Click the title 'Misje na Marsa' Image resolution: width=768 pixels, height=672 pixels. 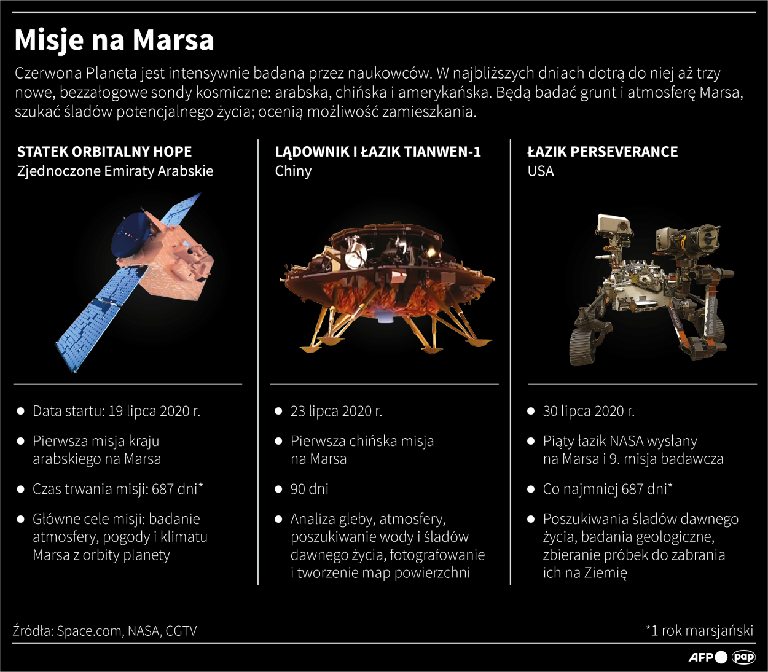(114, 41)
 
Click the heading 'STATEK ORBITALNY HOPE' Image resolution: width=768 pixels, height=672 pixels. (104, 152)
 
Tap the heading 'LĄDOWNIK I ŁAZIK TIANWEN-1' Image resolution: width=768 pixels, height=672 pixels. (378, 152)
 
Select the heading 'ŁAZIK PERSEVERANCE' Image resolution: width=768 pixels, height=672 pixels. (603, 152)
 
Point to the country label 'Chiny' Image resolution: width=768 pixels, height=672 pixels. (293, 171)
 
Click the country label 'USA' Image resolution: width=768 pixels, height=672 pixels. (541, 171)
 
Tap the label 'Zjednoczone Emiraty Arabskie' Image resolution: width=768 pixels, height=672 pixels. (116, 171)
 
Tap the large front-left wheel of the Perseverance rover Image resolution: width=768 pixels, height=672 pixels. (582, 346)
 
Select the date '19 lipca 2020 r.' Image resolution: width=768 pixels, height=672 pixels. (154, 411)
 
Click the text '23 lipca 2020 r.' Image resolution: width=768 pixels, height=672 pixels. (336, 411)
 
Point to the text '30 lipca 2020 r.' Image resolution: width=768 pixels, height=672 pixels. (589, 411)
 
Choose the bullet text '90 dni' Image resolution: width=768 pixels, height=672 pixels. (309, 490)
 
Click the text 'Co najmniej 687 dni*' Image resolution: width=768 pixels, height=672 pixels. (608, 490)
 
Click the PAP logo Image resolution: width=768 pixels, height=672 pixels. (743, 657)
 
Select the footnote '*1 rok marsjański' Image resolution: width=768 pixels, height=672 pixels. (699, 631)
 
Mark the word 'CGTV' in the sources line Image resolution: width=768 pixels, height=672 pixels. (181, 631)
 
